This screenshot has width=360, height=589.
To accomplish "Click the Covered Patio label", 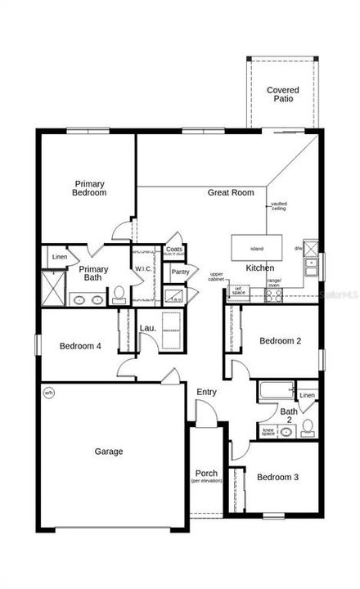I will click(283, 94).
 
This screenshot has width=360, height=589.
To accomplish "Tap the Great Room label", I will click(230, 193).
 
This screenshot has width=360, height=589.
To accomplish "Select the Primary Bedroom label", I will click(90, 189).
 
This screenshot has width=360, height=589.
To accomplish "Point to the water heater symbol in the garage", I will click(48, 392).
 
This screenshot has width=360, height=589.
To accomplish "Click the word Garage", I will click(108, 451).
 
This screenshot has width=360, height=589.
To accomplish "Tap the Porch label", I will click(206, 474).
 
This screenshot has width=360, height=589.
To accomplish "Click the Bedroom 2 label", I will click(281, 341).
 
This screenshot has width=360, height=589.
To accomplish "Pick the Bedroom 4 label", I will click(80, 346).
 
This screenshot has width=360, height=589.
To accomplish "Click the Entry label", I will click(206, 393).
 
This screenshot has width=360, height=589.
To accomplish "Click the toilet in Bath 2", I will click(307, 426).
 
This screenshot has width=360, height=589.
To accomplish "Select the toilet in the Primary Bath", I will click(119, 293).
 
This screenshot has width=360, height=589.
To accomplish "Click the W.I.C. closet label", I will click(143, 268).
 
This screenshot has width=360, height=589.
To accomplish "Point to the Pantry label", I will click(181, 272).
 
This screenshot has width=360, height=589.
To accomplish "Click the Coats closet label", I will click(174, 250).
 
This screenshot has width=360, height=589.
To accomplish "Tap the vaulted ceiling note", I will click(279, 206).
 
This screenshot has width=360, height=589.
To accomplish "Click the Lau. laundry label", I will click(147, 328).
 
